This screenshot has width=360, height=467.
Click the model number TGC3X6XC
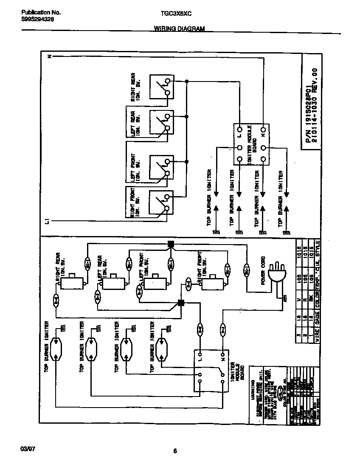pos(176,13)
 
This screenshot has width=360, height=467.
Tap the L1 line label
pos(48,221)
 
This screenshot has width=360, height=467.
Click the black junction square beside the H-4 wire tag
pos(181,303)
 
